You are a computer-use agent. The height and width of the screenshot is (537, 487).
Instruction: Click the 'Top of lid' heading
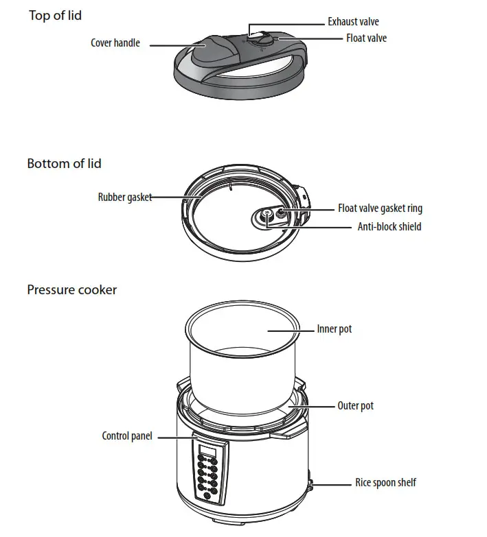(x=55, y=15)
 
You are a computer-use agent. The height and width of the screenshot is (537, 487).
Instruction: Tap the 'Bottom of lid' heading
(x=65, y=163)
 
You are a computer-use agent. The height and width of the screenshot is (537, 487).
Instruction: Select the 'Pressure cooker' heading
(x=71, y=289)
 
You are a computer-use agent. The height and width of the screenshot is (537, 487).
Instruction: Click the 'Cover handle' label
(x=115, y=43)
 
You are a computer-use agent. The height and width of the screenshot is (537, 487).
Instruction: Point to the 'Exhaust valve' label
(x=353, y=22)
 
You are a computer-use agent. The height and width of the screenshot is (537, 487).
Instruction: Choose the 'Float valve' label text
(x=366, y=38)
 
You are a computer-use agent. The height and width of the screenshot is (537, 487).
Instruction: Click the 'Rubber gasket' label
(x=124, y=198)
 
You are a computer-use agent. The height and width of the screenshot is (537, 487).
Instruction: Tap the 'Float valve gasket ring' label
(x=380, y=208)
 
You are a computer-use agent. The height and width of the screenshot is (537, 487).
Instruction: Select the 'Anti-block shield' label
(x=389, y=226)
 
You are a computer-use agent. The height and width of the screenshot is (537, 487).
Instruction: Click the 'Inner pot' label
(x=334, y=329)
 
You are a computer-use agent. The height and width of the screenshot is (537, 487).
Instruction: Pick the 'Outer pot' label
(x=355, y=406)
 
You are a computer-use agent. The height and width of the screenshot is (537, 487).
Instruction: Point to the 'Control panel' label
(x=127, y=436)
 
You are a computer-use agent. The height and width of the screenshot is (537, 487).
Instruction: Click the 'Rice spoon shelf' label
(x=385, y=483)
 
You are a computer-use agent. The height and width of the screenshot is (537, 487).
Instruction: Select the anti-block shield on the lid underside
(x=265, y=217)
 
